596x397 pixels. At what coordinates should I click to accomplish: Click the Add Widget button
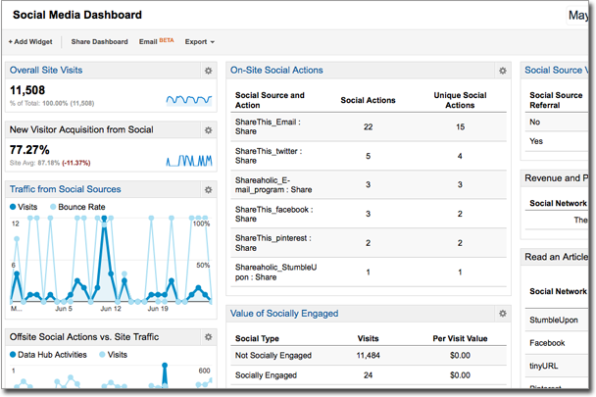31,42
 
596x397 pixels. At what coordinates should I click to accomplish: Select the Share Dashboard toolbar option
99,42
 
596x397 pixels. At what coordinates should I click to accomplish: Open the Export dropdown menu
199,42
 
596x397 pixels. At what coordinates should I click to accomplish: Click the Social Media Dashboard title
76,15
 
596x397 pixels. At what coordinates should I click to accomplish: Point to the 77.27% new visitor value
30,149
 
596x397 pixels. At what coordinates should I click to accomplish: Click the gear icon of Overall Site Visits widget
208,71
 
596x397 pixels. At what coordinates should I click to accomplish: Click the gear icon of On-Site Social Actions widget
503,71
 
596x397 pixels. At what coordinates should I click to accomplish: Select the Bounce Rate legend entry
80,208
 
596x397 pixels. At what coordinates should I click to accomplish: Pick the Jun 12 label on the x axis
109,309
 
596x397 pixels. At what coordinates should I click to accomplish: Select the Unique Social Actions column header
460,100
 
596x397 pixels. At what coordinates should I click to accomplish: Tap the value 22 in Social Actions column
368,127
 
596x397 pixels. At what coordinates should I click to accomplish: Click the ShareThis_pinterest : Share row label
268,246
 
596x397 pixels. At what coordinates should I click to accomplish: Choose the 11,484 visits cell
368,355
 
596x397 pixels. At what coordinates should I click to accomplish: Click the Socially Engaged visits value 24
368,375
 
